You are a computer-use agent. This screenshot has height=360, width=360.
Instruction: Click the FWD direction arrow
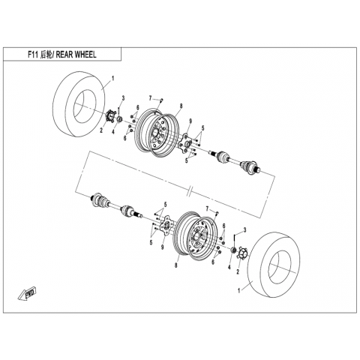tap(28, 294)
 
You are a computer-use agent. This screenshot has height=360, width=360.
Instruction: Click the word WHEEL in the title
tap(84, 55)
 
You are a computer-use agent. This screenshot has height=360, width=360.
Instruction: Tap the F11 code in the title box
tap(33, 55)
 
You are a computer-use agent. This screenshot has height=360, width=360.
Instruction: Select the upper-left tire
tap(78, 104)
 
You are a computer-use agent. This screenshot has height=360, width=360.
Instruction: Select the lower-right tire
tap(274, 265)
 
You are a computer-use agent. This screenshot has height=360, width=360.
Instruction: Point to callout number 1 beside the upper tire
tap(112, 79)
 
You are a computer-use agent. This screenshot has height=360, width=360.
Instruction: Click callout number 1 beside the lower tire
tap(239, 291)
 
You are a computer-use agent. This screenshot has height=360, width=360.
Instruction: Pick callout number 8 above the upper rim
tap(181, 106)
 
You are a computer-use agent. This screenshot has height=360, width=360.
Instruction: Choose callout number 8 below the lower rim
tap(176, 265)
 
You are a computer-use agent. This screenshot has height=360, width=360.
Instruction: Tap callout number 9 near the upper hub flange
tap(190, 121)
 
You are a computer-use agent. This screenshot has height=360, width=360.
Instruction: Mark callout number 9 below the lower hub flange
tap(163, 247)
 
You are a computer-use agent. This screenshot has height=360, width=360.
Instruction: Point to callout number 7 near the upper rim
tap(151, 98)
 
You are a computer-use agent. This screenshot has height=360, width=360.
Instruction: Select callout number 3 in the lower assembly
tap(244, 229)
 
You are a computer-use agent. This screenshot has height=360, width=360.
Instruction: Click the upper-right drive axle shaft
tap(235, 160)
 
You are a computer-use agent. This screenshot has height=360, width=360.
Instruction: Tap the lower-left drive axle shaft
tap(117, 205)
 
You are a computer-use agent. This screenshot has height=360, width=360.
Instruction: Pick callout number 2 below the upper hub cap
tap(101, 130)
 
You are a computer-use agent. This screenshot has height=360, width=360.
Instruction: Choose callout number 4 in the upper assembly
tap(113, 132)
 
